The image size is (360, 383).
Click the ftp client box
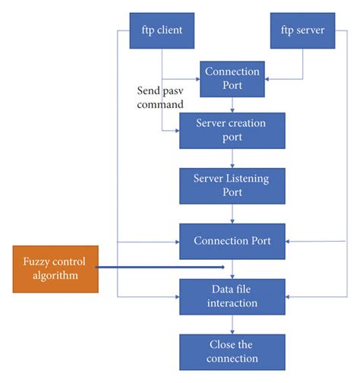[x=162, y=30]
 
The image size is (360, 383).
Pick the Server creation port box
[x=232, y=131]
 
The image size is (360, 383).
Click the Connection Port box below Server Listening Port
[x=232, y=242]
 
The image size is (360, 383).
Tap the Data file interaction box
[x=232, y=297]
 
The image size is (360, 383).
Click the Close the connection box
[x=232, y=351]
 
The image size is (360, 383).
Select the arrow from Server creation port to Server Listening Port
[x=232, y=158]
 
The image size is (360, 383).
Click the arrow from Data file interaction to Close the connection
[x=232, y=324]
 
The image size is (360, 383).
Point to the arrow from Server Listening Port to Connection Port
[x=232, y=214]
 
